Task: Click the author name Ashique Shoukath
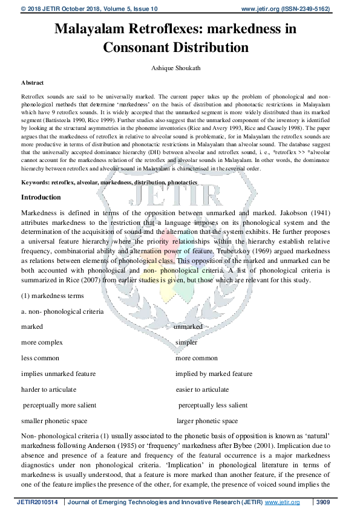click(180, 68)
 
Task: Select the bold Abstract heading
click(32, 82)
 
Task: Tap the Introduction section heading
click(41, 197)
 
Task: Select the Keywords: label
click(35, 182)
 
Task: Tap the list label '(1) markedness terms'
click(53, 296)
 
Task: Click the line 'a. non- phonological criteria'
click(62, 311)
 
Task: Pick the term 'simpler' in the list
click(186, 342)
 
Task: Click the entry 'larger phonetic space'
click(207, 421)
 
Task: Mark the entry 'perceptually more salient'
click(59, 405)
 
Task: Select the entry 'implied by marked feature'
click(214, 374)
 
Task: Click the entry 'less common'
click(40, 358)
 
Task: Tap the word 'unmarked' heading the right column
click(188, 326)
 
